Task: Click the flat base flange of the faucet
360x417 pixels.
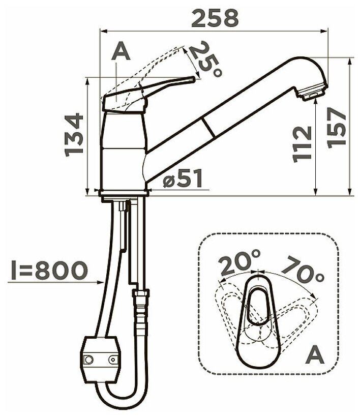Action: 124,193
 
